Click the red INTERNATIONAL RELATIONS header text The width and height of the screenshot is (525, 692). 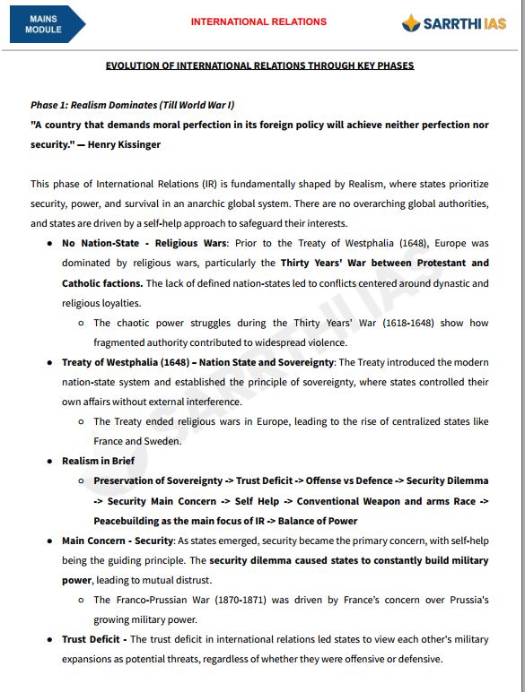258,22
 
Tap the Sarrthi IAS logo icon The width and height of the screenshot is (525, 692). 411,23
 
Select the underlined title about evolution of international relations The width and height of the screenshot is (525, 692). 259,66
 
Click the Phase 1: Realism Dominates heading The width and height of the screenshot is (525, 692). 133,105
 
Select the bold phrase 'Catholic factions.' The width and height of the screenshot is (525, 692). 102,283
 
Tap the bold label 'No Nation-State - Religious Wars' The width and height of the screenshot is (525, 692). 144,244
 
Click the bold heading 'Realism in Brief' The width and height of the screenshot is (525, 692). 98,461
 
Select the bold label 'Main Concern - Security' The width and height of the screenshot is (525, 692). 117,541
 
